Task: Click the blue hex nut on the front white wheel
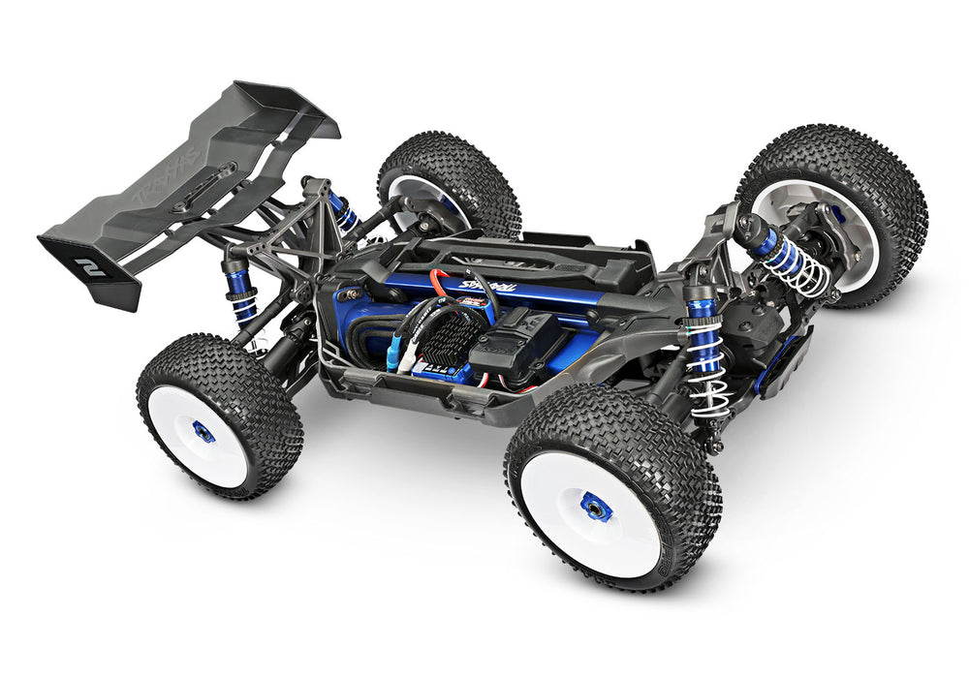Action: click(595, 507)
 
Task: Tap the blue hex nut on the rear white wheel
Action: click(203, 432)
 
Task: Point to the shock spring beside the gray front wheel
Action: click(804, 269)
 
